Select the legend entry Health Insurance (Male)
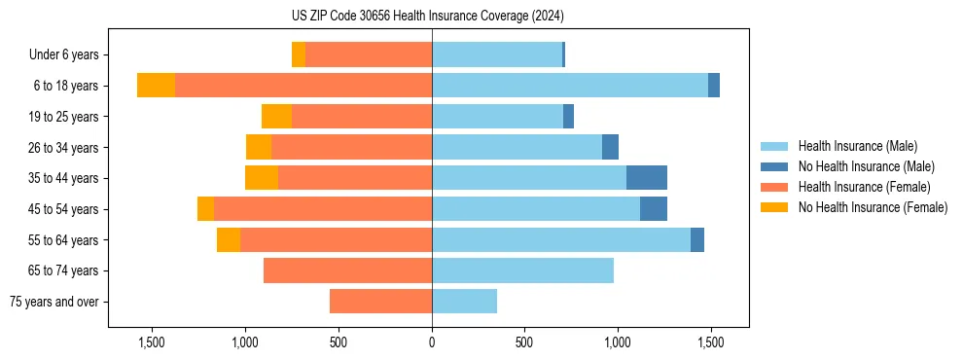pos(857,146)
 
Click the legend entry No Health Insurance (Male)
pos(866,166)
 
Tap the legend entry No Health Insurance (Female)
pos(873,207)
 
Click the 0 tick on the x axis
pos(432,342)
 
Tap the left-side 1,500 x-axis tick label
pos(153,342)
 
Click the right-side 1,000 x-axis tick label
pos(618,342)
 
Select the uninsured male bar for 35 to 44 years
pos(647,178)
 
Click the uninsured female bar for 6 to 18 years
pos(156,86)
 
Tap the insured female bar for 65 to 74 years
pos(347,270)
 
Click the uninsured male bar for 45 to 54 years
pos(654,209)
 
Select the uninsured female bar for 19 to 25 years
pos(276,117)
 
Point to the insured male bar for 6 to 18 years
pos(570,86)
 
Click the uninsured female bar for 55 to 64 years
pos(229,239)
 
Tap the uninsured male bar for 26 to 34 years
pos(610,147)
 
